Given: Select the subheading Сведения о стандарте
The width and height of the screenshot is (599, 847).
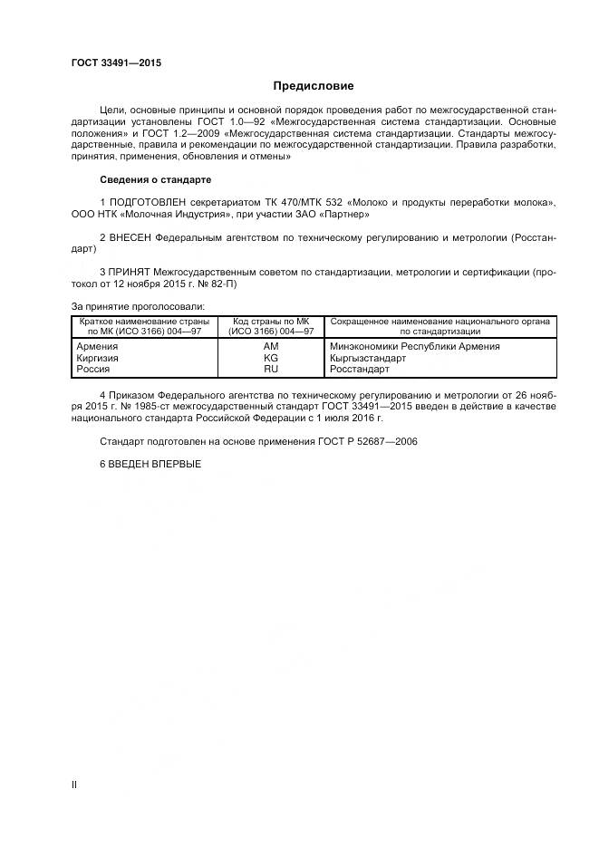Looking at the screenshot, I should pos(155,179).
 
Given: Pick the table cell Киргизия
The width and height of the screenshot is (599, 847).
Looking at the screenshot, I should pos(98,358).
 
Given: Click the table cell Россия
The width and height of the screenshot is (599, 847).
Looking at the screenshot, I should pos(93,369).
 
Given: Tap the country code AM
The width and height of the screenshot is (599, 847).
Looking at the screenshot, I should pos(270,346).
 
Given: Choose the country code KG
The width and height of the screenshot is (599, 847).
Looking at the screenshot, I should pos(270,358).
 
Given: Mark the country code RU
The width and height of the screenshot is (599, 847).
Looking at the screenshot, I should pos(270,369).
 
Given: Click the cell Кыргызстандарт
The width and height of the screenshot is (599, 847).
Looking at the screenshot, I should pos(369,358).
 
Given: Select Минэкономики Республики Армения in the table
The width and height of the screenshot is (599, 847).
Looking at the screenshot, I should pos(415,346).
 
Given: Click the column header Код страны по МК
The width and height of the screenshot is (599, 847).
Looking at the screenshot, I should pos(270,322).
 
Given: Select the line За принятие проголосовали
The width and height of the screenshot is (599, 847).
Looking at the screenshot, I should pos(138,305).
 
